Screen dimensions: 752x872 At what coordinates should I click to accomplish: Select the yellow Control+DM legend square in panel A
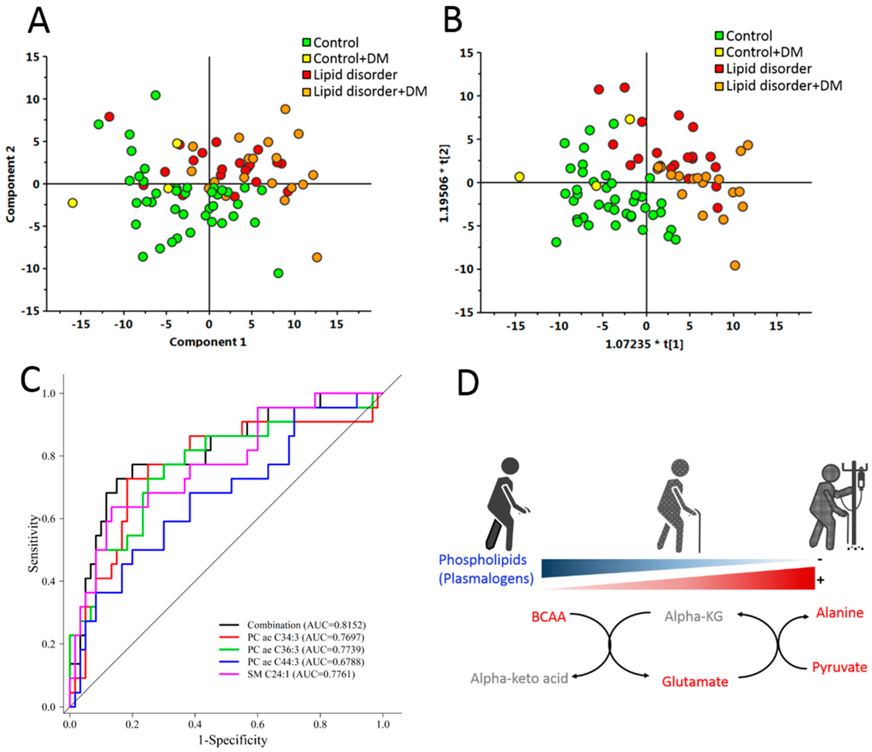pos(306,59)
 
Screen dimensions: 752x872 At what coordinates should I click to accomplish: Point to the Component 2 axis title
pos(10,184)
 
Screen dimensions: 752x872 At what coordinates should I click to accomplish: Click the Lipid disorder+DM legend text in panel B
pos(784,86)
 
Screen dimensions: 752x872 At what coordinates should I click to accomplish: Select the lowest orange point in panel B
pos(735,265)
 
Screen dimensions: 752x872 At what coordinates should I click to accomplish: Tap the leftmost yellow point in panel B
pos(519,177)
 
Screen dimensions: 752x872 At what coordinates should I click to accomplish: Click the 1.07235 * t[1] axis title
pos(644,345)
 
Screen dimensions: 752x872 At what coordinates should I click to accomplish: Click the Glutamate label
pos(695,681)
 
